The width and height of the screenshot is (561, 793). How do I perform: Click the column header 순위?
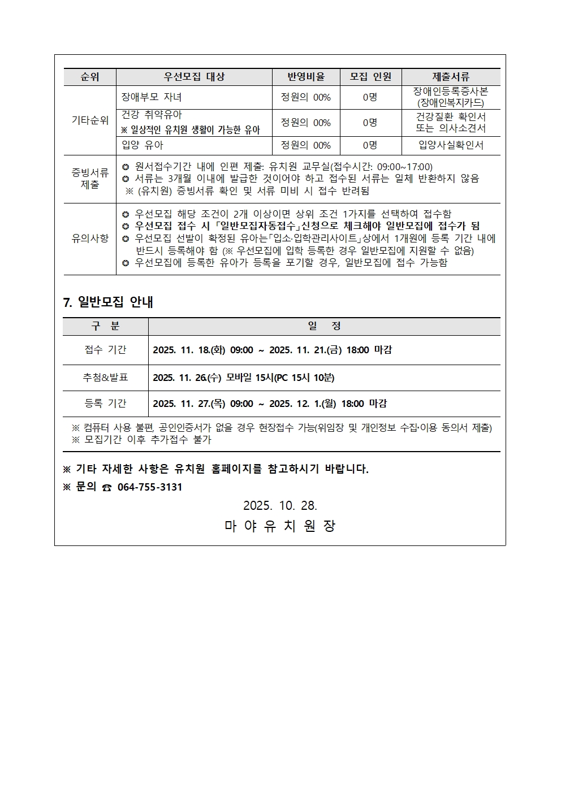pos(90,77)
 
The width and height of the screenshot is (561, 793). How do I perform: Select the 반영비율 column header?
pos(306,77)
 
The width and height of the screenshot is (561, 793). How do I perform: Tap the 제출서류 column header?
pos(451,77)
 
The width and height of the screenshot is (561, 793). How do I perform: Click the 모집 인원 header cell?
pos(370,77)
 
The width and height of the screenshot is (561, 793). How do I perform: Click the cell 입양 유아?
pos(143,145)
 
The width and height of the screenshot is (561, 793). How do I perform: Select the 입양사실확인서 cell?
pos(451,145)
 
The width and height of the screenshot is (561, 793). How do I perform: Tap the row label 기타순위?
pos(90,120)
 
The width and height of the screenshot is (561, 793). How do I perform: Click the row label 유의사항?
pos(90,239)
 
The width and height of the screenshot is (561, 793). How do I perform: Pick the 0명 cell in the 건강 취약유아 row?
pos(370,123)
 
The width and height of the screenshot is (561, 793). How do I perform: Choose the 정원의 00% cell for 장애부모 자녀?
pos(306,97)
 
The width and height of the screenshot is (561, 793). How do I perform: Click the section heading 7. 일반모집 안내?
pos(108,302)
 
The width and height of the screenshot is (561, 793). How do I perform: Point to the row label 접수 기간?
pos(105,350)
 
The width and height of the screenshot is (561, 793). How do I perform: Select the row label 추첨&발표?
pos(105,378)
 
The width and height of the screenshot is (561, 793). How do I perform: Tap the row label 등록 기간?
pos(105,404)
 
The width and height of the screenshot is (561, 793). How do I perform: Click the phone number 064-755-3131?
pos(150,487)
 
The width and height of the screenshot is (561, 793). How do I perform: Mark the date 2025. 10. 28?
pos(280,505)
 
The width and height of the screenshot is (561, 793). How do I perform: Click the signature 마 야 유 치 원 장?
pos(280,526)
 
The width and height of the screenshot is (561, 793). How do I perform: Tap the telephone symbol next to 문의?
pos(107,488)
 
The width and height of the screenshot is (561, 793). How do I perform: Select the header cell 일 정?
pos(324,327)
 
